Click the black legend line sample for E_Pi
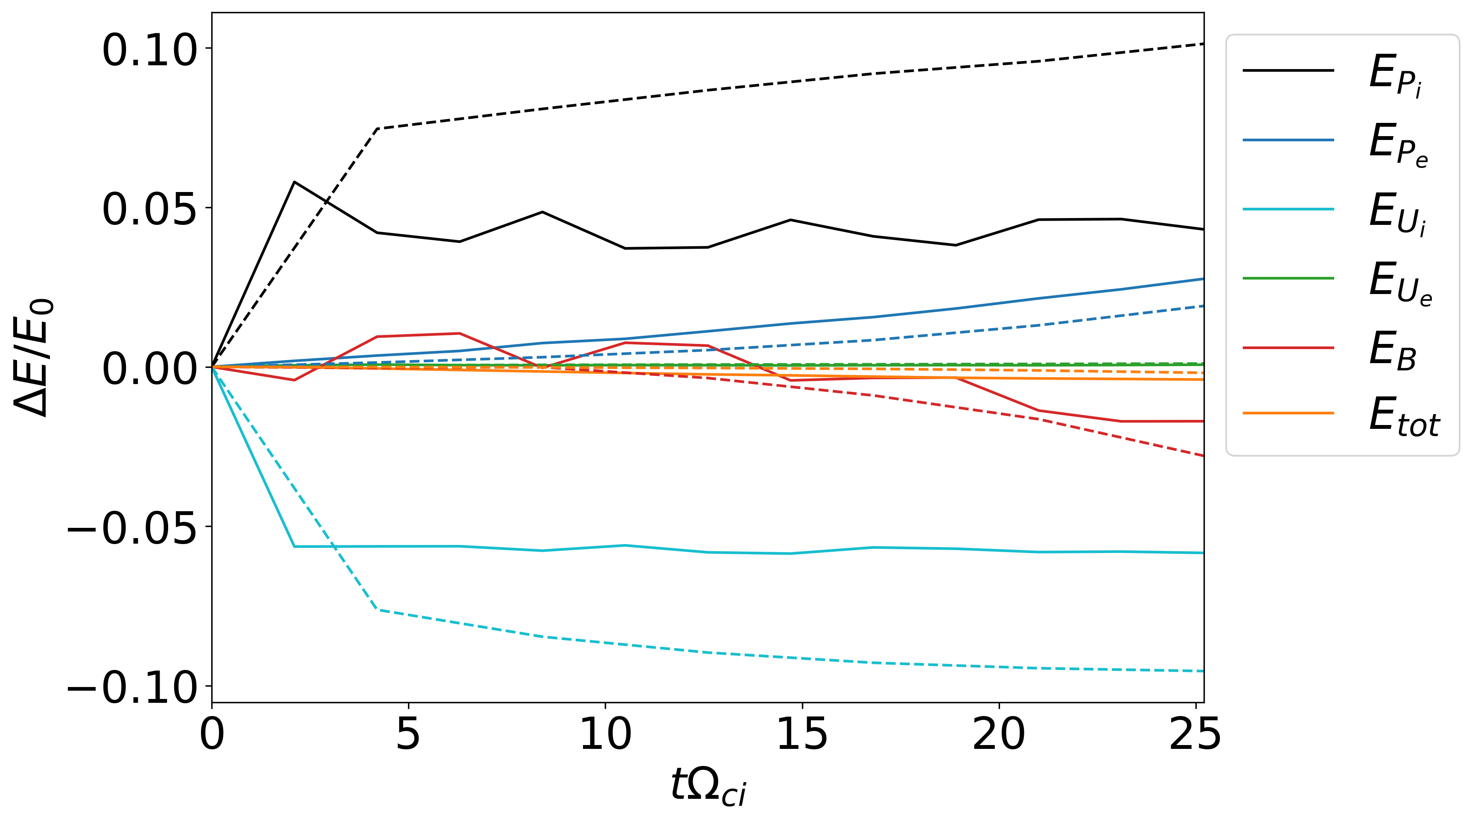1288,70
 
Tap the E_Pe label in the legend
1398,144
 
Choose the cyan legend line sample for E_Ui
1288,209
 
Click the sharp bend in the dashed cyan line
378,610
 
